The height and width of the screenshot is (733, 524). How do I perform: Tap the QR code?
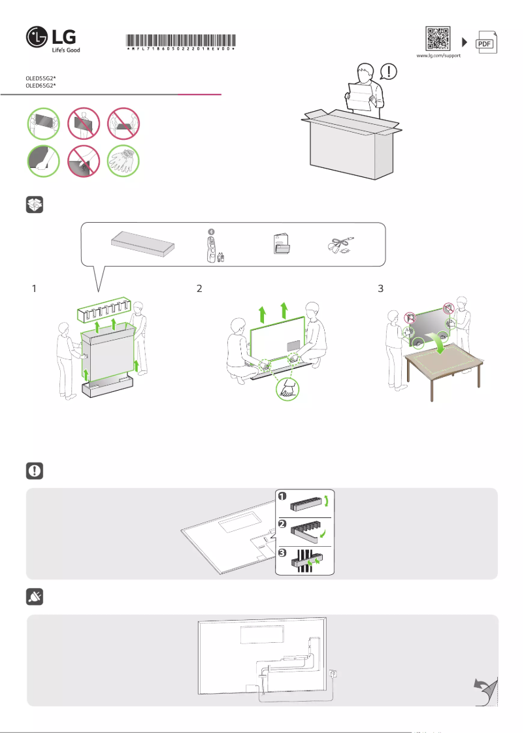tap(438, 39)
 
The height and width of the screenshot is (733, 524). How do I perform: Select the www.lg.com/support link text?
tap(438, 56)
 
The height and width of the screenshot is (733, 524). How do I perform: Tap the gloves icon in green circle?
tap(124, 160)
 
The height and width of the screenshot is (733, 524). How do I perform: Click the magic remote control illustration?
tap(211, 246)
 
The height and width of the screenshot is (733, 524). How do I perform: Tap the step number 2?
tap(200, 288)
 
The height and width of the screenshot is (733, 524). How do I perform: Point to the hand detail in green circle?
tap(286, 390)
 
